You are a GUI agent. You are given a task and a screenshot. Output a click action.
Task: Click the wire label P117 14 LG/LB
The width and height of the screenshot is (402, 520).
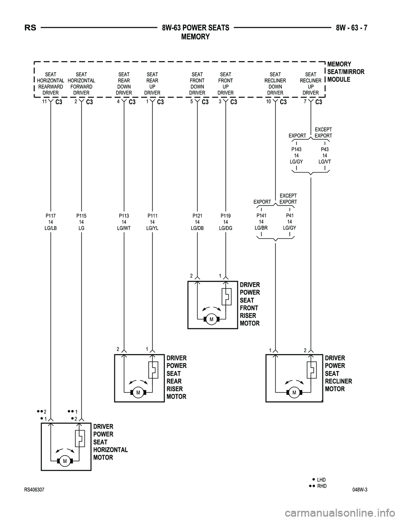click(x=50, y=222)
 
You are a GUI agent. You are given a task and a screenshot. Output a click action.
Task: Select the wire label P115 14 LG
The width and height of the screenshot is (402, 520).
click(x=81, y=222)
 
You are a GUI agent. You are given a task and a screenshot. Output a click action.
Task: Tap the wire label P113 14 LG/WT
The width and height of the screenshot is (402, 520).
click(x=124, y=222)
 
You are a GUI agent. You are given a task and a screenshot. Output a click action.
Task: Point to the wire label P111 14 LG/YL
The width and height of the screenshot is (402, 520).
click(x=152, y=222)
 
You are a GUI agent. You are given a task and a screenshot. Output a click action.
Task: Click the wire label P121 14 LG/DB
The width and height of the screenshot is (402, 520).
click(x=197, y=222)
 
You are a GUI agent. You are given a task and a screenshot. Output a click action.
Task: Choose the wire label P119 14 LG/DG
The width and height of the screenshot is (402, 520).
click(x=226, y=222)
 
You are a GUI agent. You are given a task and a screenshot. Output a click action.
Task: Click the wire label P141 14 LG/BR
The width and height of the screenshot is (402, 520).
click(x=261, y=221)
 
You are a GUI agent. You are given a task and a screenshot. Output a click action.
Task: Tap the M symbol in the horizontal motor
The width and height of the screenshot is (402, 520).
click(x=65, y=461)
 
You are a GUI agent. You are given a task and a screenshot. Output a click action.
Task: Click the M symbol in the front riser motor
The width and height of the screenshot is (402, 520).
click(x=211, y=319)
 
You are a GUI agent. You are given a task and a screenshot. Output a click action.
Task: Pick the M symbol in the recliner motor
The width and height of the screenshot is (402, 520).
click(x=294, y=392)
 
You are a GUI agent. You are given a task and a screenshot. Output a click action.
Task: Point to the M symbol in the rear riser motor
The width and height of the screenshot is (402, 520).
click(x=138, y=392)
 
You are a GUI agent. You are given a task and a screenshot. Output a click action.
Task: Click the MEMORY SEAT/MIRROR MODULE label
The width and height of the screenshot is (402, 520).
click(x=345, y=72)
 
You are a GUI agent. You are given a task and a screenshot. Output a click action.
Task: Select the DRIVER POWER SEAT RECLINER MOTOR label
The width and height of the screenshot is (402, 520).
click(x=338, y=373)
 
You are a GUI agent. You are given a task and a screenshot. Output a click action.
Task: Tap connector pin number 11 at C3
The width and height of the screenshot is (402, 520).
click(x=44, y=101)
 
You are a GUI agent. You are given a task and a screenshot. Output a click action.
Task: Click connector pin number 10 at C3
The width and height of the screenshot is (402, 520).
click(x=268, y=101)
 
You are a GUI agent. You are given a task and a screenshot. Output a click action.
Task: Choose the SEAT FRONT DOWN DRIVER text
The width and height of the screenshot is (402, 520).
click(x=197, y=84)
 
